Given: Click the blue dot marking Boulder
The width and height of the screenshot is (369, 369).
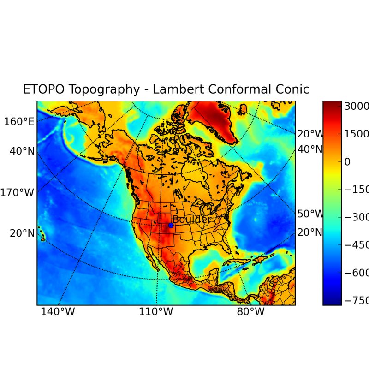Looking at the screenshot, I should (171, 225).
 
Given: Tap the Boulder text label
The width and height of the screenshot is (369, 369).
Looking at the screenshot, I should (190, 220).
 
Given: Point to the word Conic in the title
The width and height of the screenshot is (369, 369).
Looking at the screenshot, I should (292, 89).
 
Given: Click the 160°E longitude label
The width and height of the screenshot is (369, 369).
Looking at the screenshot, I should (19, 122).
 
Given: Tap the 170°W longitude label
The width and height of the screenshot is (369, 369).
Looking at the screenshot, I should (17, 192).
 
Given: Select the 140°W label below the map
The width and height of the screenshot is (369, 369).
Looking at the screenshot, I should (58, 312).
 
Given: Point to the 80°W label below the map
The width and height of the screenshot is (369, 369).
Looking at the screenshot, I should (250, 312).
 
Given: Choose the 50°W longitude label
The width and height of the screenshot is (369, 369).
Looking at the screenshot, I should (310, 214).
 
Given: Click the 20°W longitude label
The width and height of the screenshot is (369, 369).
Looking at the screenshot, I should (310, 134).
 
